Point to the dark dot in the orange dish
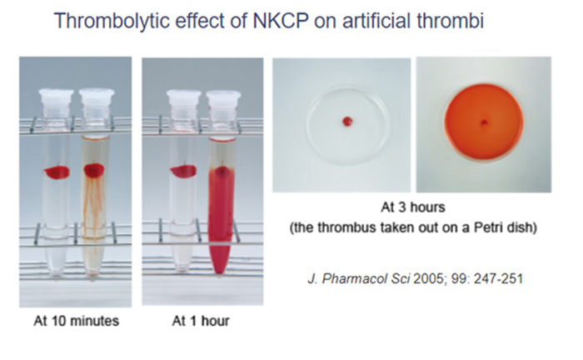483,123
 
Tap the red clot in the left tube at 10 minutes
57,172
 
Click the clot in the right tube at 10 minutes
92,172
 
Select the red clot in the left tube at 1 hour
182,172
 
